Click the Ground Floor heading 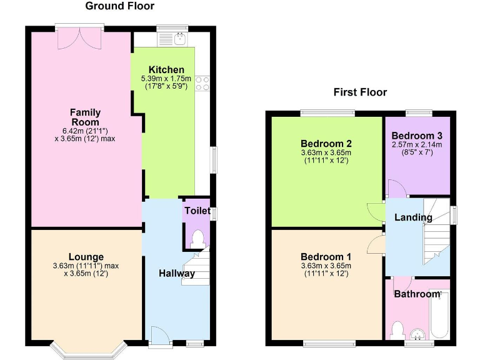click(119, 6)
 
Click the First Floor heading click(360, 92)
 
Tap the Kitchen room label click(166, 69)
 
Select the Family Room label click(86, 117)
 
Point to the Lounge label click(86, 257)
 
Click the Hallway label click(177, 273)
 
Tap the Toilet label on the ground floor click(197, 211)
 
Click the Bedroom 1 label click(326, 257)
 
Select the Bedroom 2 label click(326, 142)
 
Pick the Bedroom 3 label click(417, 135)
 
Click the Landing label click(413, 217)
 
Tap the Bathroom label click(417, 294)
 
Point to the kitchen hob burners click(202, 83)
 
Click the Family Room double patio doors click(79, 36)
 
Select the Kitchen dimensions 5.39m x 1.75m click(166, 78)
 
